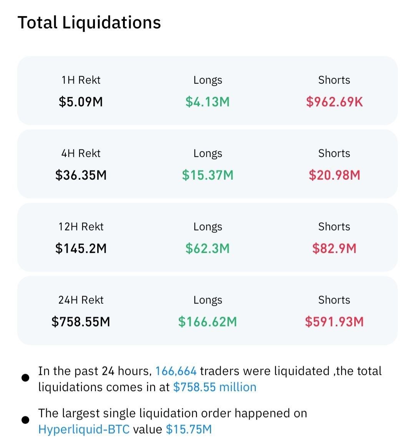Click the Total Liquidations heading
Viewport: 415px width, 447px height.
89,22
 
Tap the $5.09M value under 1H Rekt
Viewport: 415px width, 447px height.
81,102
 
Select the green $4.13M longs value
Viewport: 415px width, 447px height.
207,102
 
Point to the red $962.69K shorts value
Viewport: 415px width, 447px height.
334,102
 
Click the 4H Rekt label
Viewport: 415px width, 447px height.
81,153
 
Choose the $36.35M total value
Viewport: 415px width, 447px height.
81,175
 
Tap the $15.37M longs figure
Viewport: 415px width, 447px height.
207,175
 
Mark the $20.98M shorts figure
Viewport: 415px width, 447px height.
334,175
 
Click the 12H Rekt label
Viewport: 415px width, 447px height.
81,227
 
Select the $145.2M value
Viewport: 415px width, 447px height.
81,248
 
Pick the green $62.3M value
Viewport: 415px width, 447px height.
207,248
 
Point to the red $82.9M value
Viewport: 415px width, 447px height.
334,248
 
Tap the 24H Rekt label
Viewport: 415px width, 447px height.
81,300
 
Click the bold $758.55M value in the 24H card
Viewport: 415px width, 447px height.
81,322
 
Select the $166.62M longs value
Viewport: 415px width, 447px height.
207,322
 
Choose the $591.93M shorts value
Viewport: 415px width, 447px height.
334,322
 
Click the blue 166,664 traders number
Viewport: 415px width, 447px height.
176,371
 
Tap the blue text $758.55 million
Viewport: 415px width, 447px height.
214,387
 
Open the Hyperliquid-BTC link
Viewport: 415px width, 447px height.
84,429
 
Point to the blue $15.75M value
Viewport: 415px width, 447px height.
189,429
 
